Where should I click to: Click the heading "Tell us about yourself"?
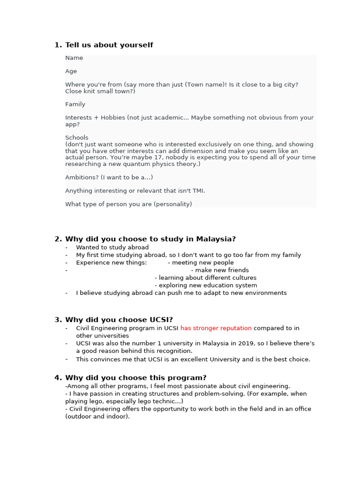[109, 45]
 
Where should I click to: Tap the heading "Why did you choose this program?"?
[135, 378]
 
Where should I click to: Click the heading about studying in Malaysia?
[150, 239]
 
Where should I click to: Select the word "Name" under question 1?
[74, 58]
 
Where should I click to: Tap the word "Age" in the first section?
[71, 71]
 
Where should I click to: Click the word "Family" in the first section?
[75, 105]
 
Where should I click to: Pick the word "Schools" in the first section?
[77, 138]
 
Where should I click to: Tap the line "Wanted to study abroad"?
[112, 247]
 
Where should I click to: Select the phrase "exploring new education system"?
[208, 285]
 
